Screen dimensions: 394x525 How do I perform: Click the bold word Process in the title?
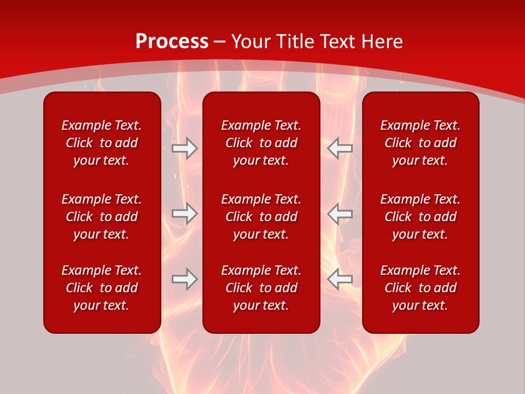click(x=172, y=42)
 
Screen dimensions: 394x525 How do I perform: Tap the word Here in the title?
click(x=381, y=42)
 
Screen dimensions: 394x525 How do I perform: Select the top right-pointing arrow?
click(x=185, y=148)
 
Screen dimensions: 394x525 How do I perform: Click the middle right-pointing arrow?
click(x=185, y=213)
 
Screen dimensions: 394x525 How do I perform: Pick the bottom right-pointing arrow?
click(x=185, y=279)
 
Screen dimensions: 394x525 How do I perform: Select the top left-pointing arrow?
click(x=340, y=148)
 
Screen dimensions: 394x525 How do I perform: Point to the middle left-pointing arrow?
click(x=340, y=213)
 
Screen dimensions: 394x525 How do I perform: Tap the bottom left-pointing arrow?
click(x=340, y=279)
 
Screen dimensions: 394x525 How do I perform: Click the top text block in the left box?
click(x=102, y=143)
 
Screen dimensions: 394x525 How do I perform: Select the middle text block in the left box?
click(x=102, y=217)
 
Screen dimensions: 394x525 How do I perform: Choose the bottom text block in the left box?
click(x=102, y=288)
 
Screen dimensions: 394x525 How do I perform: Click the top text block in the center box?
click(x=261, y=143)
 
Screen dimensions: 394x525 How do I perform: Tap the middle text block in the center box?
click(x=261, y=217)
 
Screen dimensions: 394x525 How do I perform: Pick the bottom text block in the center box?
click(x=261, y=288)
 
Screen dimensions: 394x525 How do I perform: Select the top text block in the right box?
click(x=420, y=143)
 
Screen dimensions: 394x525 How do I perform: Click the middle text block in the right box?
click(x=420, y=217)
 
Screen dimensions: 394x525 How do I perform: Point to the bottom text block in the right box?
click(x=420, y=288)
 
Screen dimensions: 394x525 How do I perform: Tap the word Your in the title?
click(x=251, y=42)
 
